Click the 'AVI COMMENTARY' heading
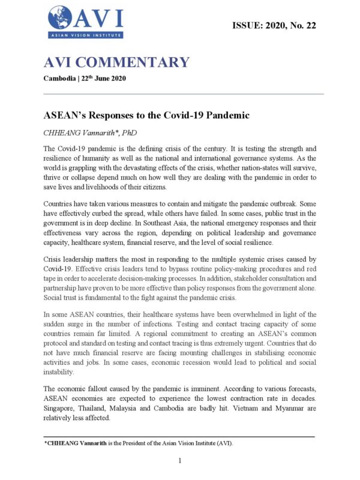[116, 62]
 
